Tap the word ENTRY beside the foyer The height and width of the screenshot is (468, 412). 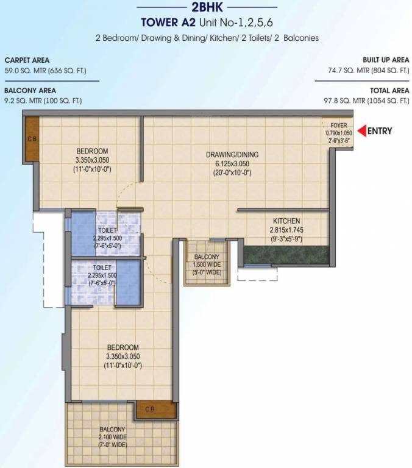pos(380,130)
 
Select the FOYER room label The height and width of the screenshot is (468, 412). pos(339,126)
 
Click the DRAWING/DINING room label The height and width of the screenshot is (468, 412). pos(229,155)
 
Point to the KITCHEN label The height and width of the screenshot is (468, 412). pos(286,221)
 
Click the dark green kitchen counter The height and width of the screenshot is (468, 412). pos(286,254)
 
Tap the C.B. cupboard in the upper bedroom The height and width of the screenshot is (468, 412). pos(31,139)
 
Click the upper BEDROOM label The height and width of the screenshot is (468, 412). pos(92,151)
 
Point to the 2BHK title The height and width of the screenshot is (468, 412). pos(207,8)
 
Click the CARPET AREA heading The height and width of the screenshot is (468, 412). pos(27,60)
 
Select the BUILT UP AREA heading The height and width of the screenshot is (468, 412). pos(386,60)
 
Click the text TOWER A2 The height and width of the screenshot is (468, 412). pos(165,24)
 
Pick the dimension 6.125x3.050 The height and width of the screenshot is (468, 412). pos(229,164)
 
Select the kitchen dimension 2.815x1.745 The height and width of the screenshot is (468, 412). pos(286,230)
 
